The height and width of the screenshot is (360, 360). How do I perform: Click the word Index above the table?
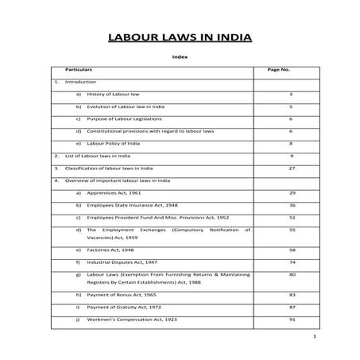click(x=180, y=57)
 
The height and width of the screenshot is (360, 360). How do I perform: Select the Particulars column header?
click(x=78, y=70)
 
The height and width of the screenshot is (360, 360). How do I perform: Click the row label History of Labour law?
click(x=112, y=94)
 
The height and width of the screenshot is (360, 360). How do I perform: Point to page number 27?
click(x=292, y=168)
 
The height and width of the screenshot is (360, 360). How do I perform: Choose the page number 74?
click(x=292, y=261)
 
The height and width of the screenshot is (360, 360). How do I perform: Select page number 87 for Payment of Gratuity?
click(x=292, y=307)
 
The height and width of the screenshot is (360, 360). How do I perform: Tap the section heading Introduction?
click(x=80, y=82)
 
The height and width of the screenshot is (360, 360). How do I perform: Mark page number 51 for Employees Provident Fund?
click(x=292, y=217)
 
